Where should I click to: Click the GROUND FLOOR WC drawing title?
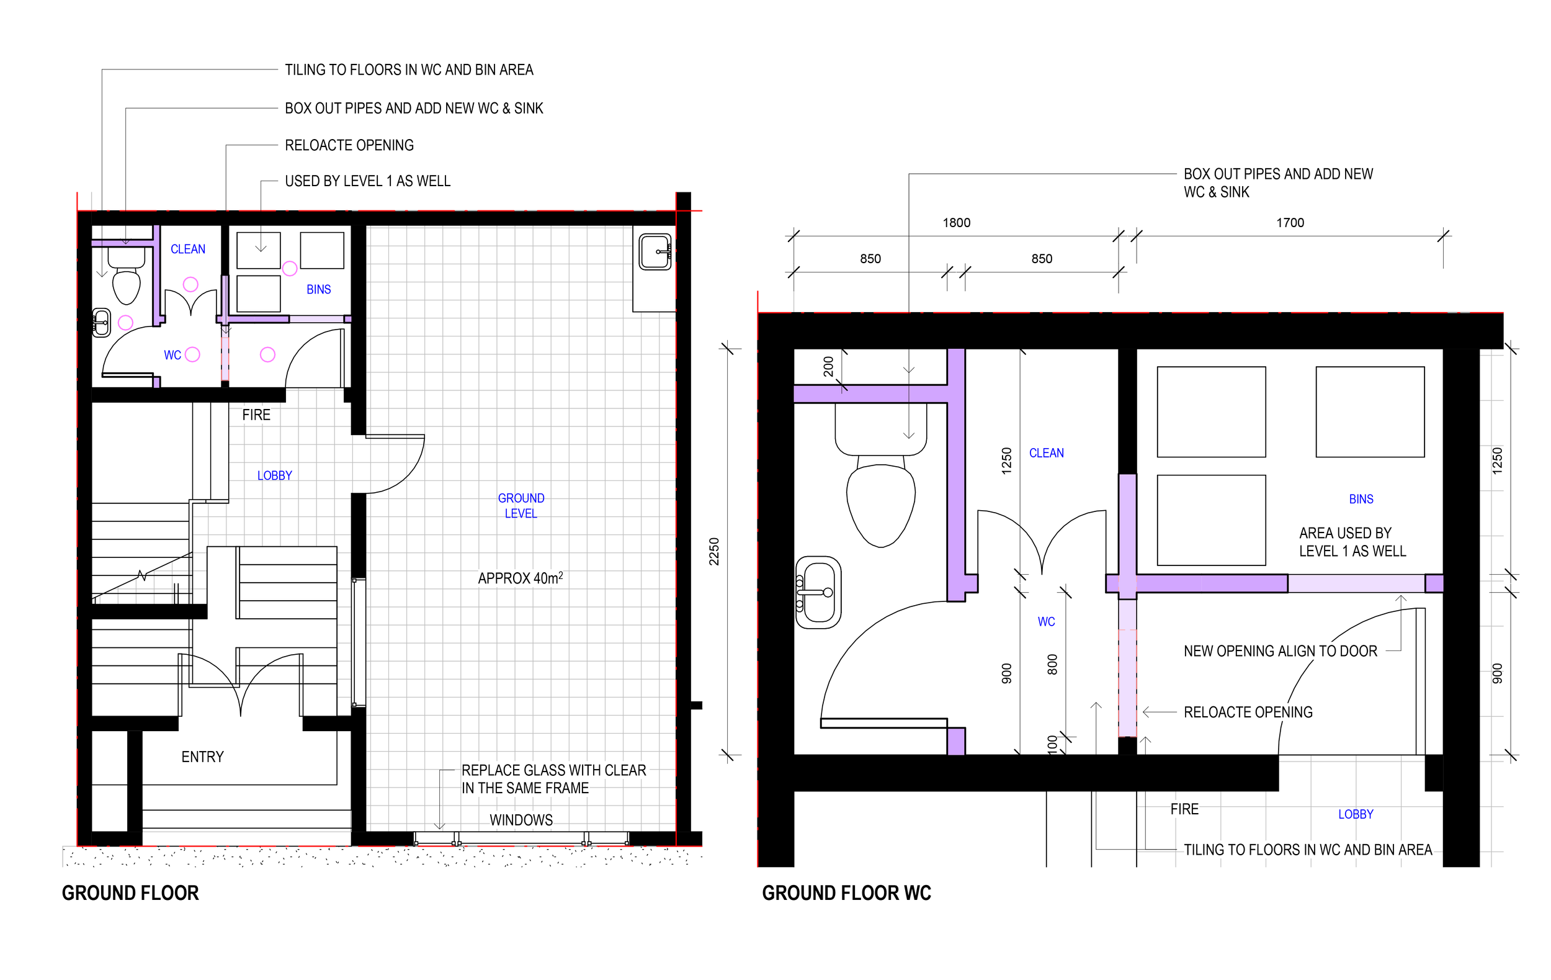[846, 893]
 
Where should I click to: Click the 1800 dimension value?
[956, 223]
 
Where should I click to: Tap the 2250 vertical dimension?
[713, 552]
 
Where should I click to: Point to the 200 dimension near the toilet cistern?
[828, 366]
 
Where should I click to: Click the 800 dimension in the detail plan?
[1052, 664]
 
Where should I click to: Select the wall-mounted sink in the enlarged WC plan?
[818, 592]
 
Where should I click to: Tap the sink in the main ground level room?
[655, 252]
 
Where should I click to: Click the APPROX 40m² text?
[520, 578]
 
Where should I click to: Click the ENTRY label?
[202, 757]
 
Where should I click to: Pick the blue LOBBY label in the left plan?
[274, 475]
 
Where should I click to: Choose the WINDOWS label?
[521, 820]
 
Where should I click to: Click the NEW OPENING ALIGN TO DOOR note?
[1280, 651]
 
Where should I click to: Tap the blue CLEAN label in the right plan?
[1046, 453]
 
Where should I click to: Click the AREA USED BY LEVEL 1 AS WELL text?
[1351, 542]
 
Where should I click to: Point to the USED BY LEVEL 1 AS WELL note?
[367, 181]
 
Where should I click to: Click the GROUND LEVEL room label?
[521, 506]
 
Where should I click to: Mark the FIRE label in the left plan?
[256, 415]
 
